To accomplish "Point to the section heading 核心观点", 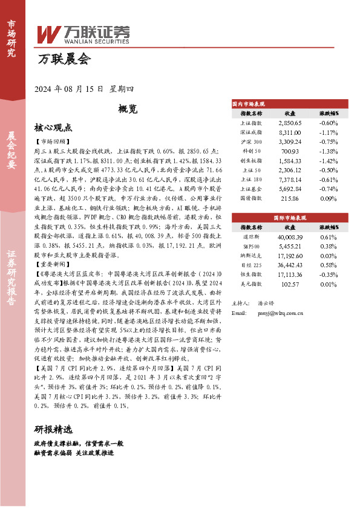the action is (x=53, y=128).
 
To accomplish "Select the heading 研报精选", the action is (x=53, y=430).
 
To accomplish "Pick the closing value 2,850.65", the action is (x=290, y=123).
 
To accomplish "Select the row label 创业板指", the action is (x=251, y=161).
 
